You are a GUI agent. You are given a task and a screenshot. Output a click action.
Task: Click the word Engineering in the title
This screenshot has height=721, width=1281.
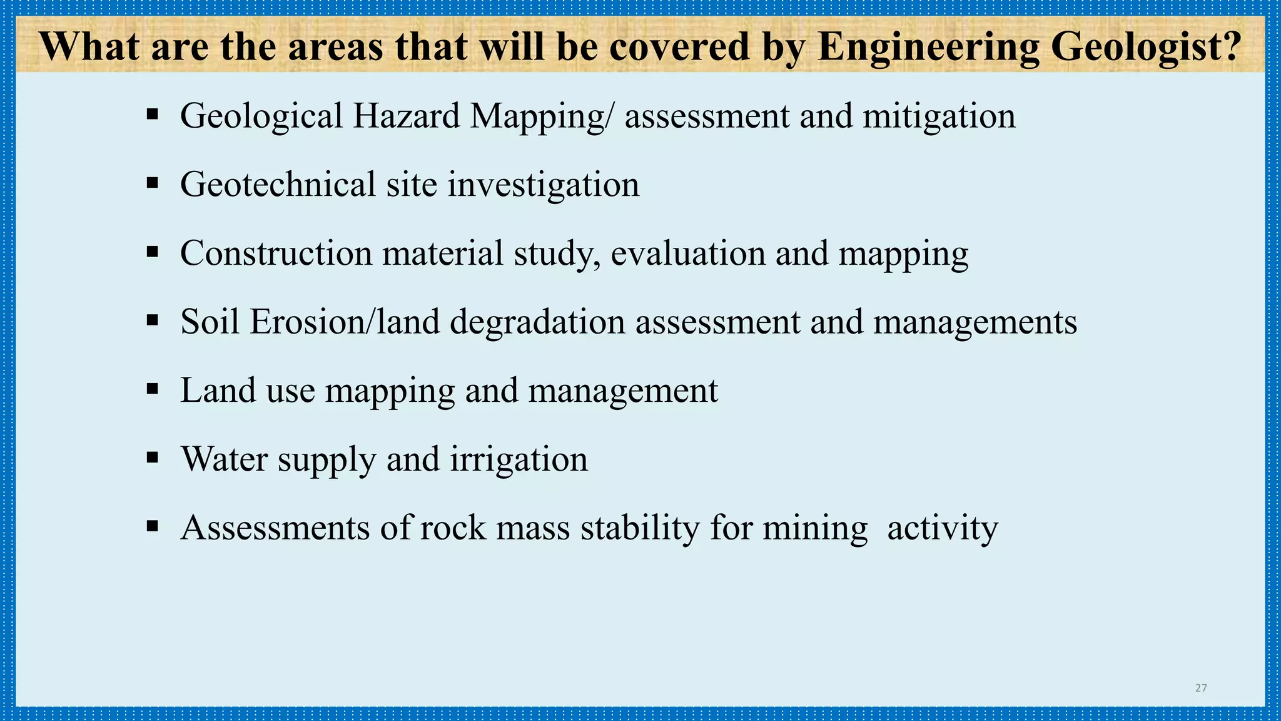pos(928,47)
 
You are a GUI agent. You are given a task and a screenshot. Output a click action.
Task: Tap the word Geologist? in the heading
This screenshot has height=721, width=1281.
pos(1146,47)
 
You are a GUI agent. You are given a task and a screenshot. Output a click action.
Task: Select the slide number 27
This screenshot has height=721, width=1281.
pos(1201,688)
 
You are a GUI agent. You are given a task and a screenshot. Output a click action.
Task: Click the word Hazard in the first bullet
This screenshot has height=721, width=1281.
pos(407,116)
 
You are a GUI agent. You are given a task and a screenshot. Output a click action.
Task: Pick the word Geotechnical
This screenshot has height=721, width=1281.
pos(278,185)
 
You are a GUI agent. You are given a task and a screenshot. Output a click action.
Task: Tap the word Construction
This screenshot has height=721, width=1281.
pos(276,253)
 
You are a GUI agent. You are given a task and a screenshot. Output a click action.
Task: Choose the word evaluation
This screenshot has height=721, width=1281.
pos(687,253)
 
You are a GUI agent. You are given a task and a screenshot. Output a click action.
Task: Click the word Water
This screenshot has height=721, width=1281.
pos(224,459)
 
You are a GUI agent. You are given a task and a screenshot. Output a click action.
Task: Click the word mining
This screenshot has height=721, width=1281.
pos(815,528)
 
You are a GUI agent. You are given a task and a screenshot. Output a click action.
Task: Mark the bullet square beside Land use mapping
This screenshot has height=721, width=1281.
pos(152,390)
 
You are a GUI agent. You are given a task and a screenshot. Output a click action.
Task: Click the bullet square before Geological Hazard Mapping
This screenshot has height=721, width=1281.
pos(152,115)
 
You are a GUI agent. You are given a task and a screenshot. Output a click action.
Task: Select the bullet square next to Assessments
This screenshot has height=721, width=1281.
pos(152,526)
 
